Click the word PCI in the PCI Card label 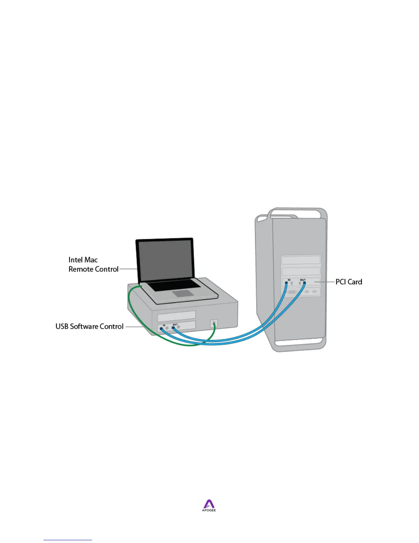click(x=340, y=282)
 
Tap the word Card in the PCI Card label click(x=355, y=282)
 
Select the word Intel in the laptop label click(x=75, y=260)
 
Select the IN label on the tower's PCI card click(x=289, y=280)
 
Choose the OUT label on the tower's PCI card click(x=303, y=280)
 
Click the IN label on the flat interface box click(x=164, y=325)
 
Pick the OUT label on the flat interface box click(x=175, y=325)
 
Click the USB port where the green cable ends click(x=214, y=323)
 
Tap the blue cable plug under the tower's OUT click(x=304, y=283)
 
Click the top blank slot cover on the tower click(x=301, y=260)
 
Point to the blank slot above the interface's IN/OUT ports click(x=176, y=315)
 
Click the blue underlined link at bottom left click(x=68, y=540)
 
